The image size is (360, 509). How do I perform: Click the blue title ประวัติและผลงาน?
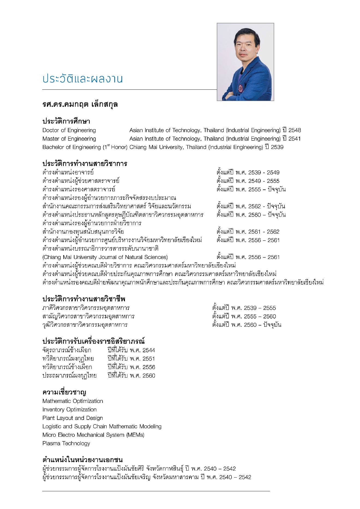pyautogui.click(x=82, y=79)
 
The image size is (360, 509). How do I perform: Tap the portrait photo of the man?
pyautogui.click(x=245, y=62)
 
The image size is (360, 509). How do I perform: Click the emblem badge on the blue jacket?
pyautogui.click(x=241, y=88)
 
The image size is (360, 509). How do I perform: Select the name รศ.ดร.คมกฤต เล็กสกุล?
pyautogui.click(x=80, y=104)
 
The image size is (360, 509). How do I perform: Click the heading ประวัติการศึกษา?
pyautogui.click(x=66, y=121)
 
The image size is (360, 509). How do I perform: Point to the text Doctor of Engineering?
pyautogui.click(x=69, y=130)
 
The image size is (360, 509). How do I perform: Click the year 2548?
pyautogui.click(x=295, y=130)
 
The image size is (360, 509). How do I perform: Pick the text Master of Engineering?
pyautogui.click(x=69, y=139)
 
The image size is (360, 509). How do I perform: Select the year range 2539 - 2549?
pyautogui.click(x=264, y=173)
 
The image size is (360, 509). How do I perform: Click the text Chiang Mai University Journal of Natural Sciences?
pyautogui.click(x=105, y=257)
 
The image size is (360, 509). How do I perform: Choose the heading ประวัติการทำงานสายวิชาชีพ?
pyautogui.click(x=84, y=299)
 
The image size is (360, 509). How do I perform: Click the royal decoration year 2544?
pyautogui.click(x=149, y=350)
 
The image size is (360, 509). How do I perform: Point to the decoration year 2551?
pyautogui.click(x=149, y=359)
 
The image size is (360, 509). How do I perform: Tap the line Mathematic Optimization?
pyautogui.click(x=73, y=401)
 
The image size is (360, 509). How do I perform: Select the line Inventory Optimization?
pyautogui.click(x=69, y=409)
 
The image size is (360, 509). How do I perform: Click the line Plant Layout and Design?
pyautogui.click(x=73, y=418)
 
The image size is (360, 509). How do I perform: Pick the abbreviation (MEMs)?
pyautogui.click(x=135, y=435)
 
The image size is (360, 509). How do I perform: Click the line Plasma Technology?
pyautogui.click(x=66, y=443)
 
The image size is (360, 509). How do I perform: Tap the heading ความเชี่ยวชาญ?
pyautogui.click(x=64, y=392)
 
